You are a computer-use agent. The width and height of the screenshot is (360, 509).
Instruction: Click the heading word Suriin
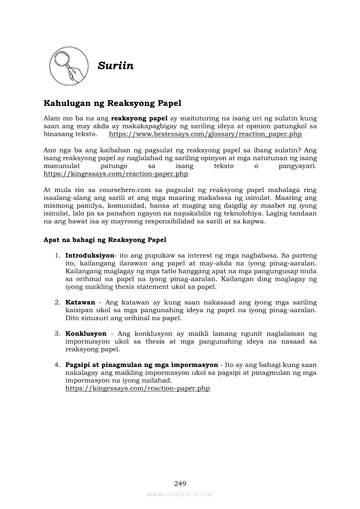(x=115, y=66)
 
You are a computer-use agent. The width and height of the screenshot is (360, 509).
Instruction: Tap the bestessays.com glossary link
(x=205, y=135)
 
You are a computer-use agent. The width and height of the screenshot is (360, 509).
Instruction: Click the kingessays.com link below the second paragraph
(x=115, y=174)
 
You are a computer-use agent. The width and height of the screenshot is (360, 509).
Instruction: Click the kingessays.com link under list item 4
(x=137, y=388)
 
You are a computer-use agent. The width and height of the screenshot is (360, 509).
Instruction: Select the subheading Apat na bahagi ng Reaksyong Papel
(x=105, y=240)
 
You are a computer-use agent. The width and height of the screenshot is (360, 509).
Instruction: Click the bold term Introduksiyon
(x=89, y=256)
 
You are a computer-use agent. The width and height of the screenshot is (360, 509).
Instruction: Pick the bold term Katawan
(x=80, y=302)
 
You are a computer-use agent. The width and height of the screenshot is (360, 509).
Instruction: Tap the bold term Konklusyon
(x=86, y=334)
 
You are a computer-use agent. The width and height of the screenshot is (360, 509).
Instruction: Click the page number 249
(x=180, y=483)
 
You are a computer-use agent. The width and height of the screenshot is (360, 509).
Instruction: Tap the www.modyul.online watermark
(x=180, y=494)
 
